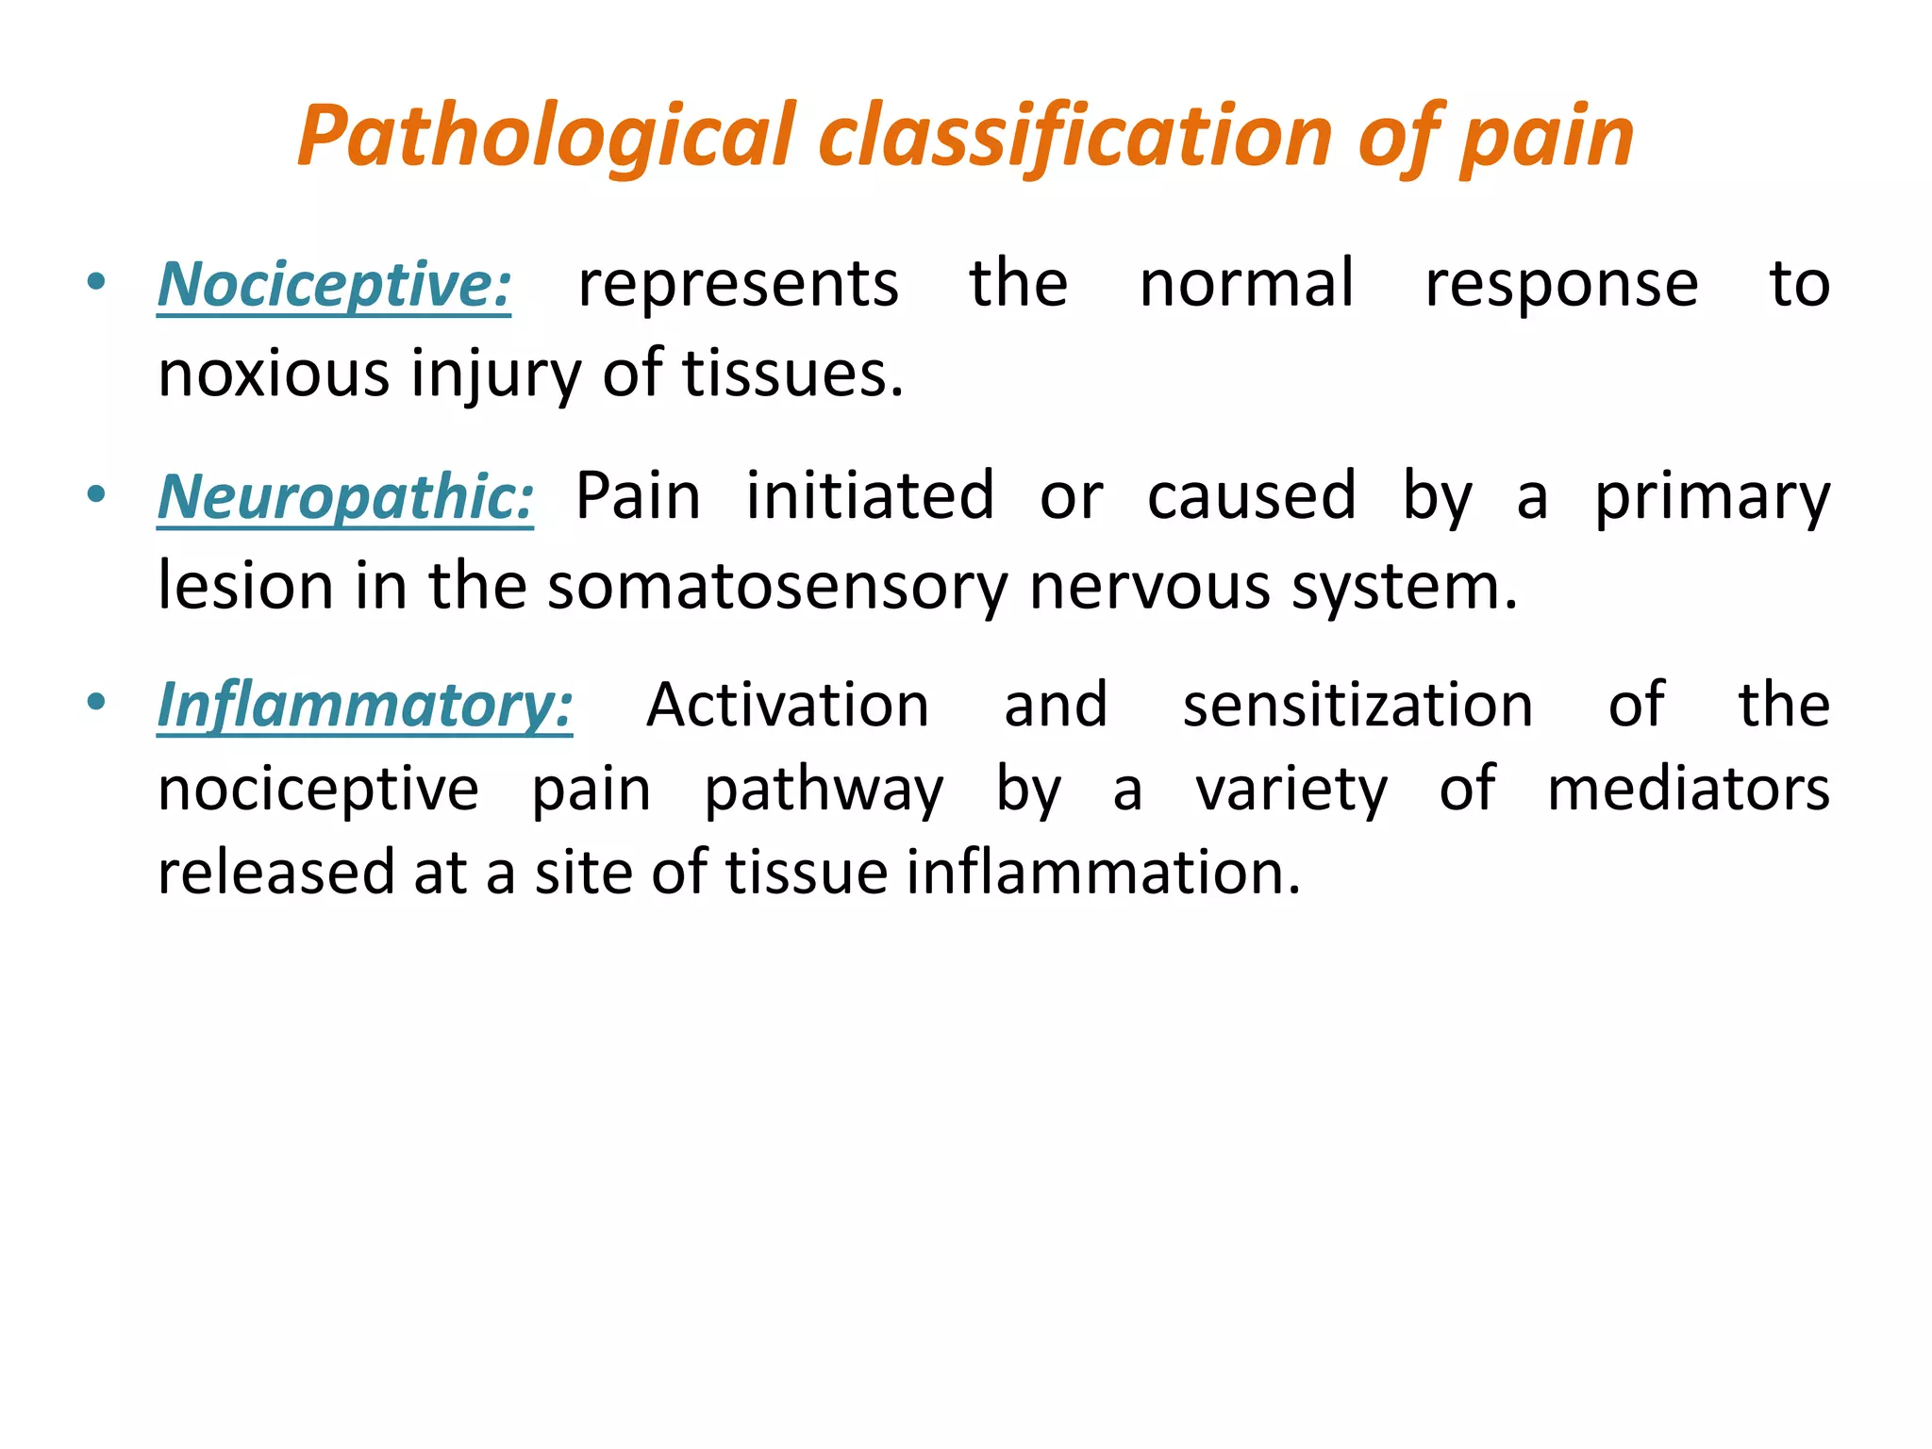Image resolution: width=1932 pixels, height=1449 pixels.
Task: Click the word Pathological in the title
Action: coord(547,138)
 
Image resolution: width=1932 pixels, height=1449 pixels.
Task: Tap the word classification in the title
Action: coord(1075,138)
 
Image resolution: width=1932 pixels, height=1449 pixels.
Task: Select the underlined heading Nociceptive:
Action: coord(334,285)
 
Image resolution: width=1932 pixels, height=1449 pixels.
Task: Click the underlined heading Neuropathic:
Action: coord(345,497)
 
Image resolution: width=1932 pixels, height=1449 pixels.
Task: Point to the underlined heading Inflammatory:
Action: coord(364,706)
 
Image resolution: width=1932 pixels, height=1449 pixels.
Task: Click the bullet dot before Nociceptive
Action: coord(95,281)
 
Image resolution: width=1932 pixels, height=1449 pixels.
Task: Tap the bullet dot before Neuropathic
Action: coord(95,493)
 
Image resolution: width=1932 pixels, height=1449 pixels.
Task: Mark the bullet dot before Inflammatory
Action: coord(95,703)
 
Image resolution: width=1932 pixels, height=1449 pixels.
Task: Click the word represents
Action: coord(738,285)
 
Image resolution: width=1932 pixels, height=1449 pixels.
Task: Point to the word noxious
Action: coord(273,374)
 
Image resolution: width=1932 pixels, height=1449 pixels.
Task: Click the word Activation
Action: coord(788,706)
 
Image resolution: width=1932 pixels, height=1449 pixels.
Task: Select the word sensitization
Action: coord(1357,706)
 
